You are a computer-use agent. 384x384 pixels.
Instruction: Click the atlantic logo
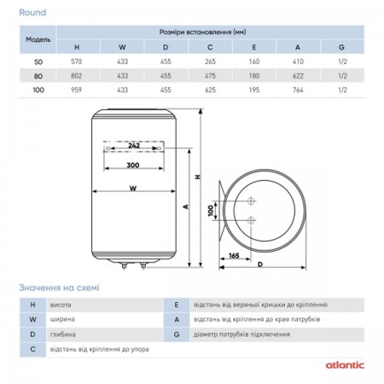(x=345, y=365)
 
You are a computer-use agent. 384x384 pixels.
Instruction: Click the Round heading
(x=32, y=13)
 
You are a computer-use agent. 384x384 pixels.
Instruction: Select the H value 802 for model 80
(x=76, y=76)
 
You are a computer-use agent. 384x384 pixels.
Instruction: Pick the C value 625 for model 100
(x=210, y=90)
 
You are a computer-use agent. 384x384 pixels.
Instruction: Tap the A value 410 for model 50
(x=298, y=61)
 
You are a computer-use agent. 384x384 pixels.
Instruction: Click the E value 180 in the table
(x=254, y=76)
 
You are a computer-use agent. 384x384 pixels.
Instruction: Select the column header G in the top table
(x=341, y=47)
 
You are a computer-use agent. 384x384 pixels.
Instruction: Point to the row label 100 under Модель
(x=38, y=90)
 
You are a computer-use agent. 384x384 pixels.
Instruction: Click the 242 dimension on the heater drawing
(x=134, y=145)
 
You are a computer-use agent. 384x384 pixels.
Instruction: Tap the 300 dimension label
(x=133, y=165)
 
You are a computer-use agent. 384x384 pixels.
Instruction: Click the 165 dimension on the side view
(x=234, y=255)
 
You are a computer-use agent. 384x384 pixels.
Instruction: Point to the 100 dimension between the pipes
(x=211, y=211)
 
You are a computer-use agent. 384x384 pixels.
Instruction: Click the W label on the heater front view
(x=133, y=188)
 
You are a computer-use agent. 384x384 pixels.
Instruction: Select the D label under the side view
(x=260, y=265)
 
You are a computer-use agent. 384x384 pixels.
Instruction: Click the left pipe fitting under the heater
(x=124, y=265)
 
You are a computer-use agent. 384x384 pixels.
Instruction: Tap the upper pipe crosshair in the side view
(x=251, y=201)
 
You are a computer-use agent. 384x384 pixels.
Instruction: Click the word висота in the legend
(x=61, y=305)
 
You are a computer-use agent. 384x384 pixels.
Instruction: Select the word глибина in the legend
(x=62, y=335)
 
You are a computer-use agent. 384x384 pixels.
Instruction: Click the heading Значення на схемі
(x=59, y=288)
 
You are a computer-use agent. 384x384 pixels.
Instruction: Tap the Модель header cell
(x=38, y=39)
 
